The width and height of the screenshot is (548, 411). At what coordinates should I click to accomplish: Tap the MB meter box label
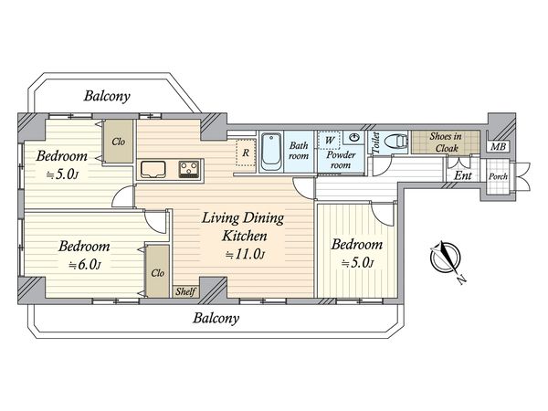pyautogui.click(x=498, y=146)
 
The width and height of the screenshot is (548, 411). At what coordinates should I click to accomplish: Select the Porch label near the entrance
pyautogui.click(x=498, y=176)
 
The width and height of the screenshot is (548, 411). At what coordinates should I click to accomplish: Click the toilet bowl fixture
pyautogui.click(x=396, y=142)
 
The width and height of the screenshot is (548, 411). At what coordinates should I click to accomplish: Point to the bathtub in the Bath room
pyautogui.click(x=271, y=152)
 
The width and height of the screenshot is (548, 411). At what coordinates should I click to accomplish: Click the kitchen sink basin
pyautogui.click(x=153, y=170)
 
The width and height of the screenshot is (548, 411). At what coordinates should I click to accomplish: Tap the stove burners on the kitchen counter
pyautogui.click(x=190, y=170)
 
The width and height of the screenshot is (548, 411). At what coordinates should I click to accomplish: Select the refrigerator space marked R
pyautogui.click(x=246, y=153)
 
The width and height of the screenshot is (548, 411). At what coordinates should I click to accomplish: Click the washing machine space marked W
pyautogui.click(x=329, y=141)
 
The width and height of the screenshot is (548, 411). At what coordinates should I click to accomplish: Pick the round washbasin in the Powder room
pyautogui.click(x=353, y=137)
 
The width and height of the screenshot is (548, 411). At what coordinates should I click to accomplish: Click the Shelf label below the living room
pyautogui.click(x=185, y=291)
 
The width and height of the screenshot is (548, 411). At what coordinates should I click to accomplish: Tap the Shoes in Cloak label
pyautogui.click(x=446, y=142)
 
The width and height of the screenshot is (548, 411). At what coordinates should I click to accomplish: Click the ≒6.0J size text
pyautogui.click(x=85, y=265)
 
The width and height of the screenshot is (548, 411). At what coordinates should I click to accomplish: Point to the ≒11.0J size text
pyautogui.click(x=245, y=255)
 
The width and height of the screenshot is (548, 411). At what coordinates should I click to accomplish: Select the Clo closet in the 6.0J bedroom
pyautogui.click(x=158, y=272)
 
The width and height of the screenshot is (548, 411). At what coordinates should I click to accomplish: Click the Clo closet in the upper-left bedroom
pyautogui.click(x=119, y=142)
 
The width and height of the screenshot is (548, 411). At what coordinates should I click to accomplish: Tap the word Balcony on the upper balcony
pyautogui.click(x=107, y=96)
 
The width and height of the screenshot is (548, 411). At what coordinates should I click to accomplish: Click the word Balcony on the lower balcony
pyautogui.click(x=216, y=318)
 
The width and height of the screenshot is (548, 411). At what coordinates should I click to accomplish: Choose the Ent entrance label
pyautogui.click(x=463, y=175)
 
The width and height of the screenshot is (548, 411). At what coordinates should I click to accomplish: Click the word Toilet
pyautogui.click(x=376, y=142)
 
